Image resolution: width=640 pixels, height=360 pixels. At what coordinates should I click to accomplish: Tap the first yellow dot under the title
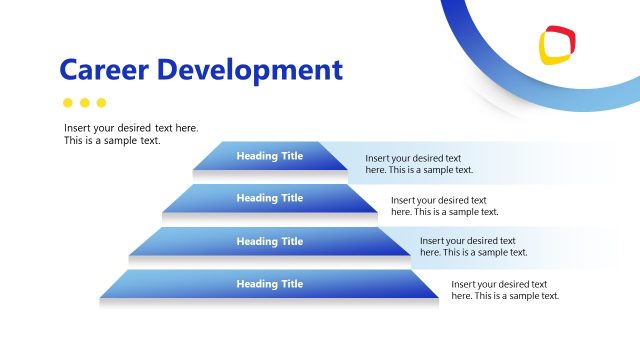tap(68, 102)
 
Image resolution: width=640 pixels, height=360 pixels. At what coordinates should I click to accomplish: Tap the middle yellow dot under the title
tap(84, 102)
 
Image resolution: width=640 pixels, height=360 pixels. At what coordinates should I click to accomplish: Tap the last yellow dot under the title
tap(101, 102)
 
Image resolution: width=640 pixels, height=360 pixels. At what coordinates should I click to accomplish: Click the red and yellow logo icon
tap(557, 45)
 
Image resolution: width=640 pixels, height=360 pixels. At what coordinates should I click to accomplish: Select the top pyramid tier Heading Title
tap(269, 155)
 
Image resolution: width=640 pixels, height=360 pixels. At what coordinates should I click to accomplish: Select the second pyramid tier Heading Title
tap(269, 198)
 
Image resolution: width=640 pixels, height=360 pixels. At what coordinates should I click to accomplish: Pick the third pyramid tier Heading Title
tap(269, 241)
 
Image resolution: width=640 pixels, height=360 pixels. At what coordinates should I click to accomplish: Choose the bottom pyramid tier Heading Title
tap(269, 284)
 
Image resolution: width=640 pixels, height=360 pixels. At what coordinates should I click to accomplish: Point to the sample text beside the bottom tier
tap(505, 290)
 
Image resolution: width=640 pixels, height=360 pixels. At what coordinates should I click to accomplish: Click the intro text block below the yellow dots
tap(130, 134)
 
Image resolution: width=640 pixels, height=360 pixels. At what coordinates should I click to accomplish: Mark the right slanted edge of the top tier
tap(334, 155)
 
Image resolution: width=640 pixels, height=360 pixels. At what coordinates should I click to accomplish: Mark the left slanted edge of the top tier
tap(206, 155)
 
